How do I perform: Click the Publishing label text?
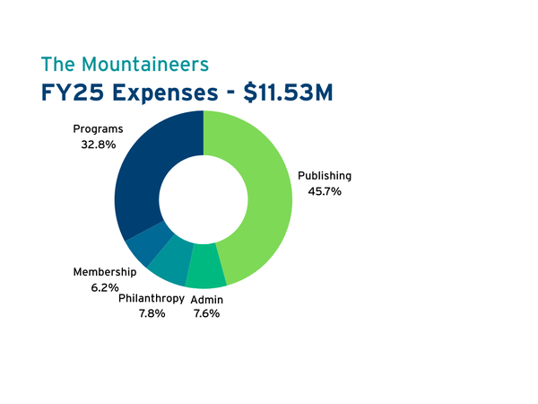tap(325, 176)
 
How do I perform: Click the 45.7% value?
tap(325, 191)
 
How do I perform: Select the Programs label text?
tap(98, 129)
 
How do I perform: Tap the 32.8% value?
tap(98, 145)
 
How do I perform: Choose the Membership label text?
tap(104, 272)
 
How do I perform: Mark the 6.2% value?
tap(104, 287)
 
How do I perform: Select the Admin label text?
tap(207, 298)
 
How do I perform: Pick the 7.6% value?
tap(207, 313)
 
